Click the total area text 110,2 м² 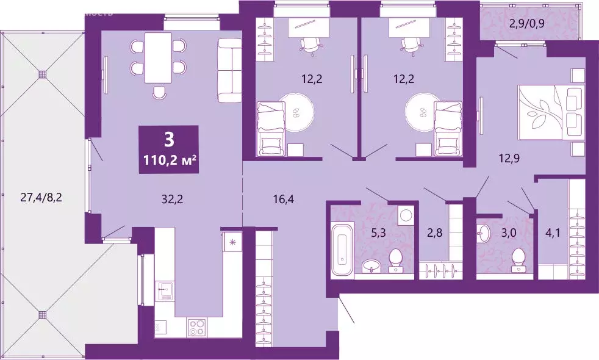point(169,161)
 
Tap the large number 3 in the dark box point(169,139)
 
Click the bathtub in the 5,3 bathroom point(342,250)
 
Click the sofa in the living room point(230,70)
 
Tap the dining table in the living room point(158,58)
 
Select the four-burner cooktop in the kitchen point(196,328)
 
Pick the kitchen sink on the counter point(165,292)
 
